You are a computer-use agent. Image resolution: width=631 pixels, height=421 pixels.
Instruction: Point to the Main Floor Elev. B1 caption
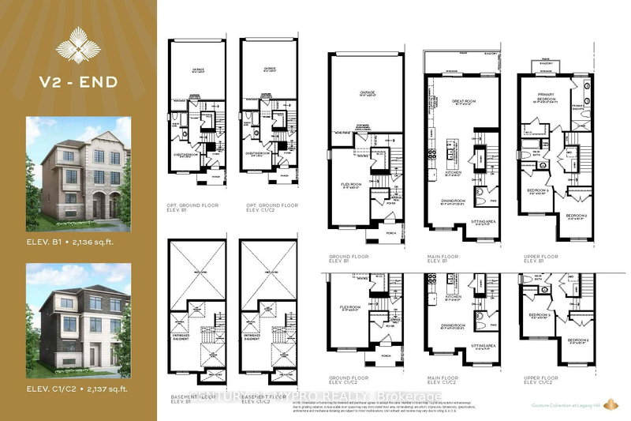(440, 256)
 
